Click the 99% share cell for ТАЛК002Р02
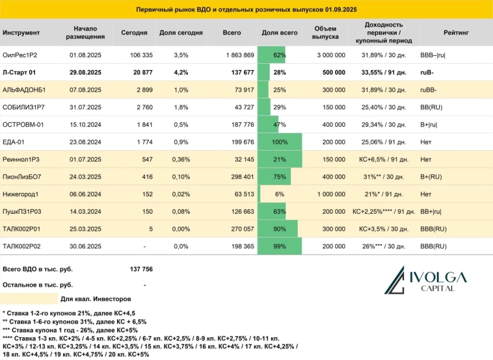(280, 246)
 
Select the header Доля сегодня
(181, 32)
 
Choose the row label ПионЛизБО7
(23, 177)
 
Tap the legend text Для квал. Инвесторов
(96, 299)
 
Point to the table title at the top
(246, 10)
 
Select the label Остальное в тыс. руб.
(38, 285)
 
